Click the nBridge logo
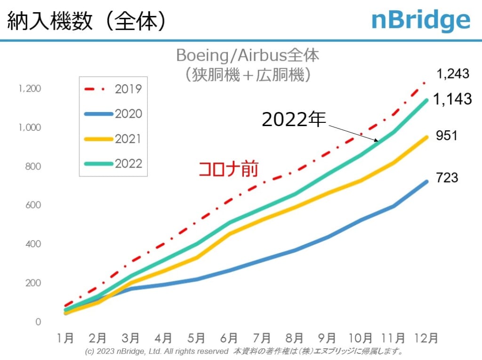pyautogui.click(x=420, y=20)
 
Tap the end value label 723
pyautogui.click(x=447, y=178)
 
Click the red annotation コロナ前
pyautogui.click(x=228, y=169)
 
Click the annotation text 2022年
pyautogui.click(x=294, y=120)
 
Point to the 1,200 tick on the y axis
pyautogui.click(x=30, y=88)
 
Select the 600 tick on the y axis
pyautogui.click(x=33, y=205)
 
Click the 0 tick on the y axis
pyautogui.click(x=38, y=322)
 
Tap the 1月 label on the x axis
pyautogui.click(x=65, y=338)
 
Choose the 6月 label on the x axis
pyautogui.click(x=229, y=338)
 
